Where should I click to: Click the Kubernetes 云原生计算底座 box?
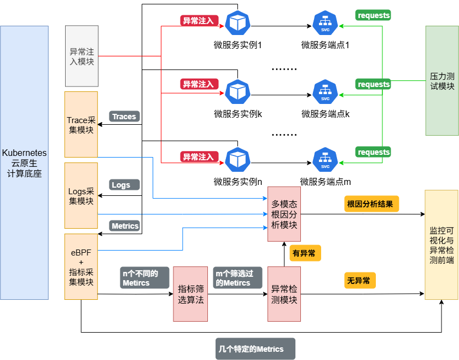point(24,162)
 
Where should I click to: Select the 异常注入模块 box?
point(82,56)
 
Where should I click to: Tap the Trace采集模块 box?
point(81,125)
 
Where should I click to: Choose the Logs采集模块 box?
point(81,195)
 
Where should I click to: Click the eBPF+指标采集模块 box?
point(81,266)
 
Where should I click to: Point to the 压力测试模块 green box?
point(442,80)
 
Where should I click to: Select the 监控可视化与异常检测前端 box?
point(441,245)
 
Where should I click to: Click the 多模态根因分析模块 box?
point(284,214)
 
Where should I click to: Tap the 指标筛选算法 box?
point(190,294)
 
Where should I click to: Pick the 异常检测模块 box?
point(284,294)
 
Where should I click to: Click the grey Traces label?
point(124,116)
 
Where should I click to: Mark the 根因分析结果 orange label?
point(371,204)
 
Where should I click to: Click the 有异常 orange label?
point(305,253)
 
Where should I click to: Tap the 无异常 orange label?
point(359,281)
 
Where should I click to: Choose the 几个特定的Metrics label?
point(255,349)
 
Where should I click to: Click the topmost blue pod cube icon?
point(238,22)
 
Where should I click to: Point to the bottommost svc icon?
point(325,159)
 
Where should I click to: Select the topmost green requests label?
point(373,15)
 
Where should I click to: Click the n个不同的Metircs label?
point(144,278)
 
